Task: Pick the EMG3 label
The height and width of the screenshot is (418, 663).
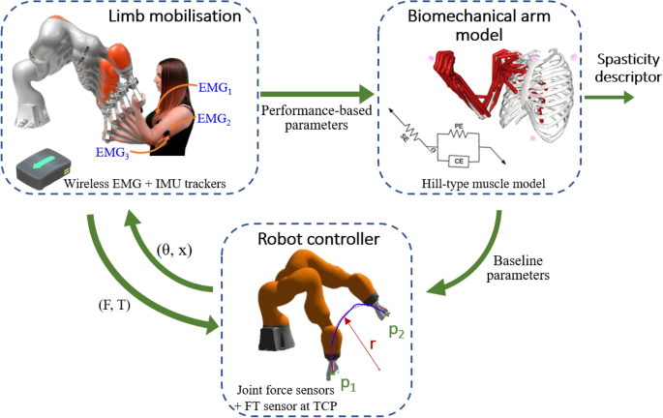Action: coord(112,152)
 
